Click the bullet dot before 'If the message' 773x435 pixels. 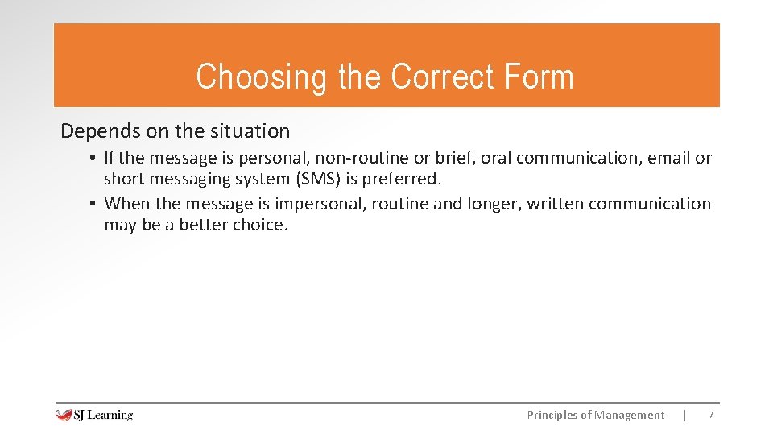[94, 158]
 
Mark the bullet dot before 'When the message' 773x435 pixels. [94, 204]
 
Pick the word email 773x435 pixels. [671, 158]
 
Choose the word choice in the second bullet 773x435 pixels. [258, 225]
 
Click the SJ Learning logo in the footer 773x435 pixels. [94, 415]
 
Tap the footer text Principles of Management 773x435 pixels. [595, 415]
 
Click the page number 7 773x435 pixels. [710, 415]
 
